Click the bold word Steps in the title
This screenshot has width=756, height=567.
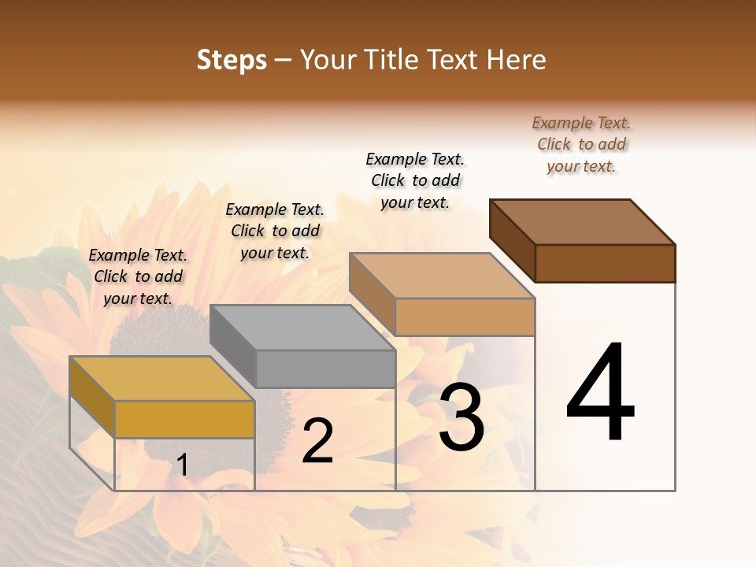pyautogui.click(x=232, y=60)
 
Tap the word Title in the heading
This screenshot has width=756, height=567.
pyautogui.click(x=388, y=60)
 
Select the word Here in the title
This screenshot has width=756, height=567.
pyautogui.click(x=516, y=60)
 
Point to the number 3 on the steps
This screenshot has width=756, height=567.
pyautogui.click(x=461, y=417)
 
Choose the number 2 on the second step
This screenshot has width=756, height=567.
pyautogui.click(x=317, y=442)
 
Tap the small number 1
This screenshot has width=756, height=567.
pyautogui.click(x=182, y=465)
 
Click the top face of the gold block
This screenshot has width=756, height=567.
pyautogui.click(x=161, y=379)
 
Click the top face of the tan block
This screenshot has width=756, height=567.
pyautogui.click(x=442, y=276)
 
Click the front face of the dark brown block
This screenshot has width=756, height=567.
pyautogui.click(x=605, y=263)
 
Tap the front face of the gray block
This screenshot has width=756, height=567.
pyautogui.click(x=325, y=369)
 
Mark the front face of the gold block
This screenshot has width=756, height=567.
pyautogui.click(x=184, y=419)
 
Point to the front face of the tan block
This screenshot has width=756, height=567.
pyautogui.click(x=465, y=317)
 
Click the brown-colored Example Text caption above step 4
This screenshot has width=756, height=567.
pyautogui.click(x=581, y=144)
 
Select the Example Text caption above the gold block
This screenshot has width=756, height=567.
pyautogui.click(x=138, y=276)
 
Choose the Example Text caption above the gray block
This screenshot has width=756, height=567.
pyautogui.click(x=275, y=231)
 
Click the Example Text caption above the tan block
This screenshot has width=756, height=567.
pyautogui.click(x=415, y=180)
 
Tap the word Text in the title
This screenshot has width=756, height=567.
pyautogui.click(x=458, y=60)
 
